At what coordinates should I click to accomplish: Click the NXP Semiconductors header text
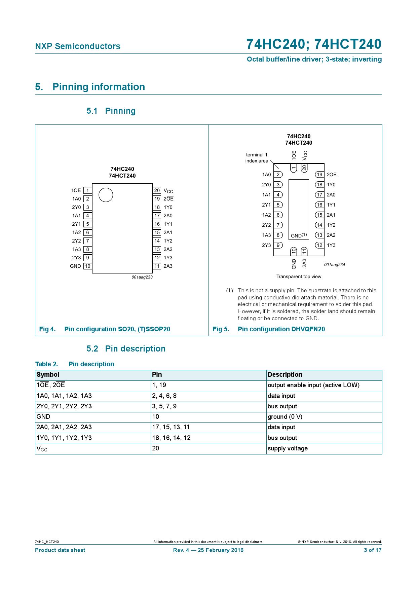(x=78, y=46)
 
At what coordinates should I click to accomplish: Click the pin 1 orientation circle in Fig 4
(x=106, y=195)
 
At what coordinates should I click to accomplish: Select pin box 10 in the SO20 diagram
(x=87, y=266)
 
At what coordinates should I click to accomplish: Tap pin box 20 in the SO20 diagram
(x=157, y=190)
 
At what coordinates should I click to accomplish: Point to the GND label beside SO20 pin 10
(x=75, y=266)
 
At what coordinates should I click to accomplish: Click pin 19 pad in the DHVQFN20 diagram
(x=319, y=175)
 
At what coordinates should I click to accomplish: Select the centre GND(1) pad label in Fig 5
(x=299, y=235)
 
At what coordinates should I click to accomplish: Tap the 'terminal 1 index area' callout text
(x=257, y=158)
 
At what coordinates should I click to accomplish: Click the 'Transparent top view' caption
(x=299, y=276)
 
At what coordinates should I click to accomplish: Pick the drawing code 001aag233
(x=142, y=277)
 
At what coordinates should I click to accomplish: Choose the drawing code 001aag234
(x=335, y=265)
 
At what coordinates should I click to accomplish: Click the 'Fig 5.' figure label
(x=221, y=329)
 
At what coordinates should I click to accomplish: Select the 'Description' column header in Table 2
(x=285, y=375)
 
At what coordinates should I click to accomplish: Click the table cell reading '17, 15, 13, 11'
(x=171, y=427)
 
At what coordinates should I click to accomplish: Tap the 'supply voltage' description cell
(x=288, y=448)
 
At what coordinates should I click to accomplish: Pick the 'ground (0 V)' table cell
(x=285, y=417)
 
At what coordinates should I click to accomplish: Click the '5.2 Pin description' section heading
(x=126, y=348)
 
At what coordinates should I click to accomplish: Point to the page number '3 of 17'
(x=373, y=550)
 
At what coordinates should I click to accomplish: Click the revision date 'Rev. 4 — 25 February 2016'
(x=208, y=550)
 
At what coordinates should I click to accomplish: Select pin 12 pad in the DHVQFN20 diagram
(x=319, y=245)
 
